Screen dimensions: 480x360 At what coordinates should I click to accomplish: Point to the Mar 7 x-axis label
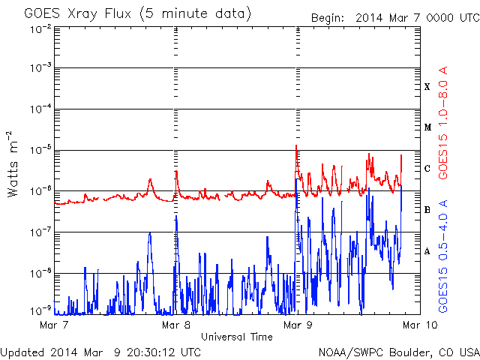[x=54, y=325]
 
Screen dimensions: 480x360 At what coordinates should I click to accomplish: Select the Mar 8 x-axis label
[x=176, y=325]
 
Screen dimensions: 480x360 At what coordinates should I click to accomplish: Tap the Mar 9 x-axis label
[x=298, y=325]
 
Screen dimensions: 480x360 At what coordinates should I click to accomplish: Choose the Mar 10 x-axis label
[x=420, y=325]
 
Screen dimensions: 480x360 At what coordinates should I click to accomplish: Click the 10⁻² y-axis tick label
[x=40, y=30]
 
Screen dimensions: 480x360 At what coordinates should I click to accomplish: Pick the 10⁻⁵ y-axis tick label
[x=40, y=150]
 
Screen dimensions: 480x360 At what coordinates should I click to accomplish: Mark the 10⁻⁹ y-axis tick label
[x=40, y=310]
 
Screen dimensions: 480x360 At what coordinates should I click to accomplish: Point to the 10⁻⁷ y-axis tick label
[x=40, y=232]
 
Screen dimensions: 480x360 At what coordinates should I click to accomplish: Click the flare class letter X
[x=427, y=87]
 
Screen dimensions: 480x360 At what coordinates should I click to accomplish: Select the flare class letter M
[x=427, y=127]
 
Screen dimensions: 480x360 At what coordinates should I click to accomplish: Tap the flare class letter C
[x=427, y=168]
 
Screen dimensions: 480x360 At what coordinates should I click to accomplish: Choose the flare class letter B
[x=427, y=210]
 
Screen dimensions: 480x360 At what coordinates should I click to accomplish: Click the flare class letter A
[x=427, y=251]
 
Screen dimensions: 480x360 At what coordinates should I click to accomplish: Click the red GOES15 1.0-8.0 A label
[x=443, y=122]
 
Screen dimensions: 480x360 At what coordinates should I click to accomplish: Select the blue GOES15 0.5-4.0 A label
[x=443, y=256]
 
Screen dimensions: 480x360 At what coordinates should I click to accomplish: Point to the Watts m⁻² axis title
[x=13, y=164]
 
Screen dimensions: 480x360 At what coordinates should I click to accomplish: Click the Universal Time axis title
[x=237, y=337]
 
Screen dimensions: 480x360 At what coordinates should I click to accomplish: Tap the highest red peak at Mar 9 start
[x=296, y=145]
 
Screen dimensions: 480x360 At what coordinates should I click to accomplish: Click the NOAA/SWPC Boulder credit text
[x=399, y=352]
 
